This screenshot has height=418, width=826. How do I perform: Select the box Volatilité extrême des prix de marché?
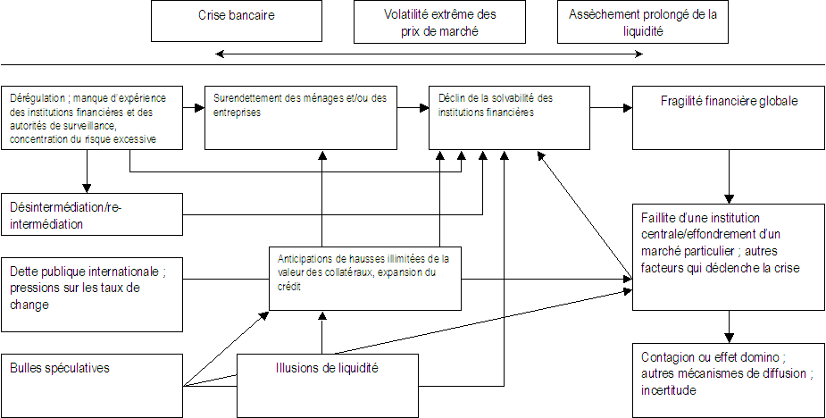(438, 21)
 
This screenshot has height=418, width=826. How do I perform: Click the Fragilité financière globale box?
(729, 117)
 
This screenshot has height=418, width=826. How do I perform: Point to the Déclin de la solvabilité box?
(509, 117)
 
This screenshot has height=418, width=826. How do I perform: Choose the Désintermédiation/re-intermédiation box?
(90, 215)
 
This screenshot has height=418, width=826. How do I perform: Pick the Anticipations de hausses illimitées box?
(365, 277)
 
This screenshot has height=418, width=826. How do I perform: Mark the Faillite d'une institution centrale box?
(729, 256)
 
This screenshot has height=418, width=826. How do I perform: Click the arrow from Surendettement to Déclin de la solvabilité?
(413, 108)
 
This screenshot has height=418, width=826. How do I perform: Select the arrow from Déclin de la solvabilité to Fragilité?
(612, 108)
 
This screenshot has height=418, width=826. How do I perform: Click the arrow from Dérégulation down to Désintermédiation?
(88, 171)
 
